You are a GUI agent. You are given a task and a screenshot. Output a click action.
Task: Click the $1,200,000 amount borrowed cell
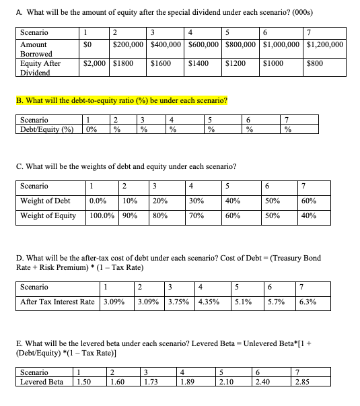tap(324, 44)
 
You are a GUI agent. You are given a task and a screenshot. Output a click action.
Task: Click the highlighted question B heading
tap(119, 101)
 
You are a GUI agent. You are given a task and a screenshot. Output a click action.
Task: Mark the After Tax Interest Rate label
tap(57, 301)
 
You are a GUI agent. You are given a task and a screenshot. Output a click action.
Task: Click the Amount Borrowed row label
tap(34, 49)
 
